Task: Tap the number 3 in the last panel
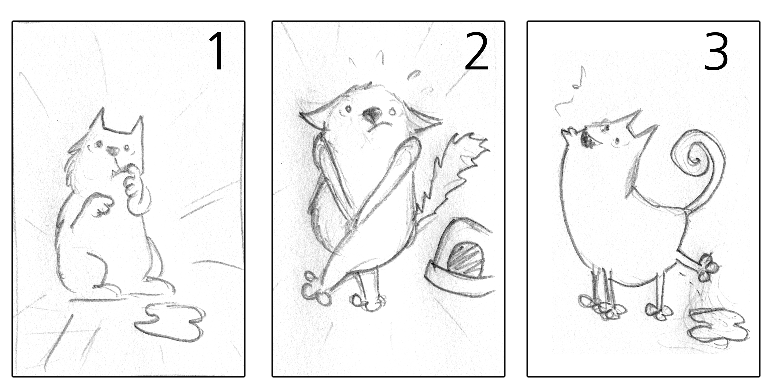[x=715, y=52]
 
